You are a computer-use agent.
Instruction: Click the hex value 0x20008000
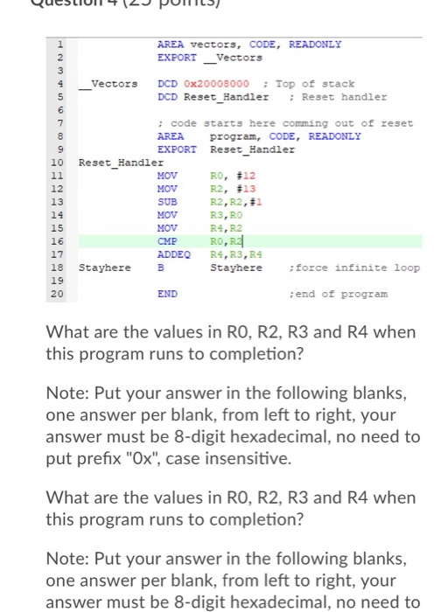click(215, 84)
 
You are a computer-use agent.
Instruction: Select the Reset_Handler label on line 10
click(121, 162)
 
